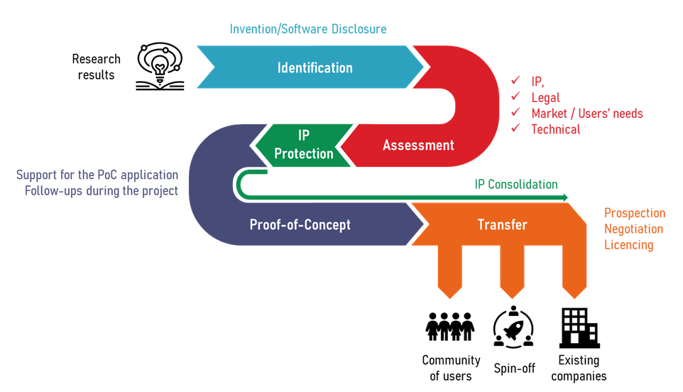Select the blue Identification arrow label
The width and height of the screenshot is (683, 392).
(315, 68)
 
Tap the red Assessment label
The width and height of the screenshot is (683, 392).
(418, 146)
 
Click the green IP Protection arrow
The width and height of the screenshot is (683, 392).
(304, 145)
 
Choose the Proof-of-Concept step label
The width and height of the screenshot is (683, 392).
(300, 225)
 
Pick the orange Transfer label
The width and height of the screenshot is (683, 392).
(502, 225)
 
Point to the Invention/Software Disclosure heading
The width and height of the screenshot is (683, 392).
(308, 29)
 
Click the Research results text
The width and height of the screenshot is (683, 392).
(97, 67)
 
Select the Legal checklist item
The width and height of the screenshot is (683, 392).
(545, 98)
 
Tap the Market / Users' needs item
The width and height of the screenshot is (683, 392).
(586, 114)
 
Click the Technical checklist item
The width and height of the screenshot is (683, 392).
(555, 129)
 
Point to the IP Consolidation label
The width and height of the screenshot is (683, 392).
(516, 185)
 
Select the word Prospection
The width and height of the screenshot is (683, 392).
(635, 213)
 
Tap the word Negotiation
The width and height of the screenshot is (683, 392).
(633, 229)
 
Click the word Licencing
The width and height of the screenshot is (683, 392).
(628, 245)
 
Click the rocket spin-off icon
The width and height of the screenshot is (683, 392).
(513, 327)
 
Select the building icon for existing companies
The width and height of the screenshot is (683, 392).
(579, 327)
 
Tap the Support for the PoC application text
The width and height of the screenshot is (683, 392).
(97, 175)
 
